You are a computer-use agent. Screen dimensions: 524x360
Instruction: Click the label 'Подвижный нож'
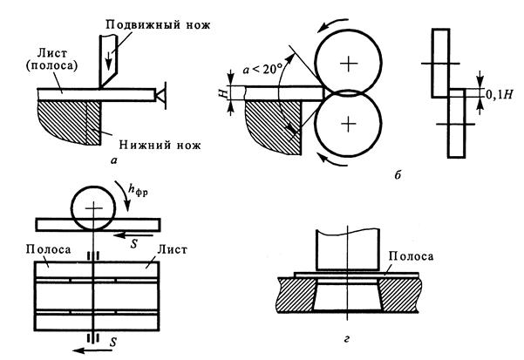tap(158, 24)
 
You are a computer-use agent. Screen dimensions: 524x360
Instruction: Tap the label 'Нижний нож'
tap(160, 145)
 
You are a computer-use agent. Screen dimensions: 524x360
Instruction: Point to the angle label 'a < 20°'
tap(262, 70)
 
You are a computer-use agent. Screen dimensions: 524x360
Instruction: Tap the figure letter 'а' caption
tap(114, 161)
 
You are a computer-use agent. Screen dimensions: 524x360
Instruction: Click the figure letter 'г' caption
tap(346, 339)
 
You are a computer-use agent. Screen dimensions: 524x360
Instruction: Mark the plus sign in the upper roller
tap(348, 63)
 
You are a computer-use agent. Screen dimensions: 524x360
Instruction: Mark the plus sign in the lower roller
tap(349, 124)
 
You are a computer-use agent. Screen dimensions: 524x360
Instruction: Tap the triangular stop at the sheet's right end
tap(162, 95)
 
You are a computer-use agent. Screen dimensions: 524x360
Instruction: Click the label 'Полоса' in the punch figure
tap(411, 256)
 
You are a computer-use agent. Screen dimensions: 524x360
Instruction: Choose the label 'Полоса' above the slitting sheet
tap(48, 249)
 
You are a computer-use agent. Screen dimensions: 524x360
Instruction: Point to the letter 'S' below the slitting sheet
tap(113, 342)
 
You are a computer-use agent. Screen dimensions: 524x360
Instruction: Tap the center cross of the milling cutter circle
tap(94, 207)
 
